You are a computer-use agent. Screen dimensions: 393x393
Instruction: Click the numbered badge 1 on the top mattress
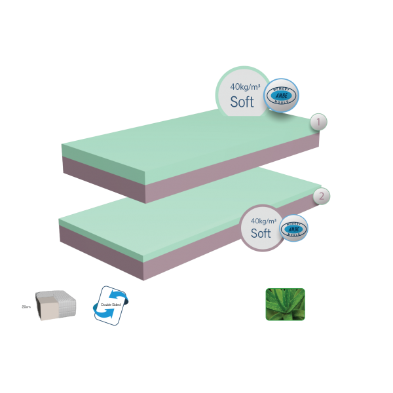click(317, 122)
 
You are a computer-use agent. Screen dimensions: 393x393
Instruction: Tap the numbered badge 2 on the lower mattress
click(321, 195)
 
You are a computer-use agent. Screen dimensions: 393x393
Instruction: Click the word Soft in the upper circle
click(242, 102)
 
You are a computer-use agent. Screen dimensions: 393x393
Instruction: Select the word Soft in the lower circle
click(261, 233)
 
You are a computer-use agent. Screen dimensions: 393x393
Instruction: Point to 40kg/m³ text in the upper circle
click(242, 86)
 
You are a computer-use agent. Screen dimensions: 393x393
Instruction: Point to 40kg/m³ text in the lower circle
click(262, 220)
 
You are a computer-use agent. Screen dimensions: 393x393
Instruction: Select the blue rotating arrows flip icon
click(113, 304)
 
